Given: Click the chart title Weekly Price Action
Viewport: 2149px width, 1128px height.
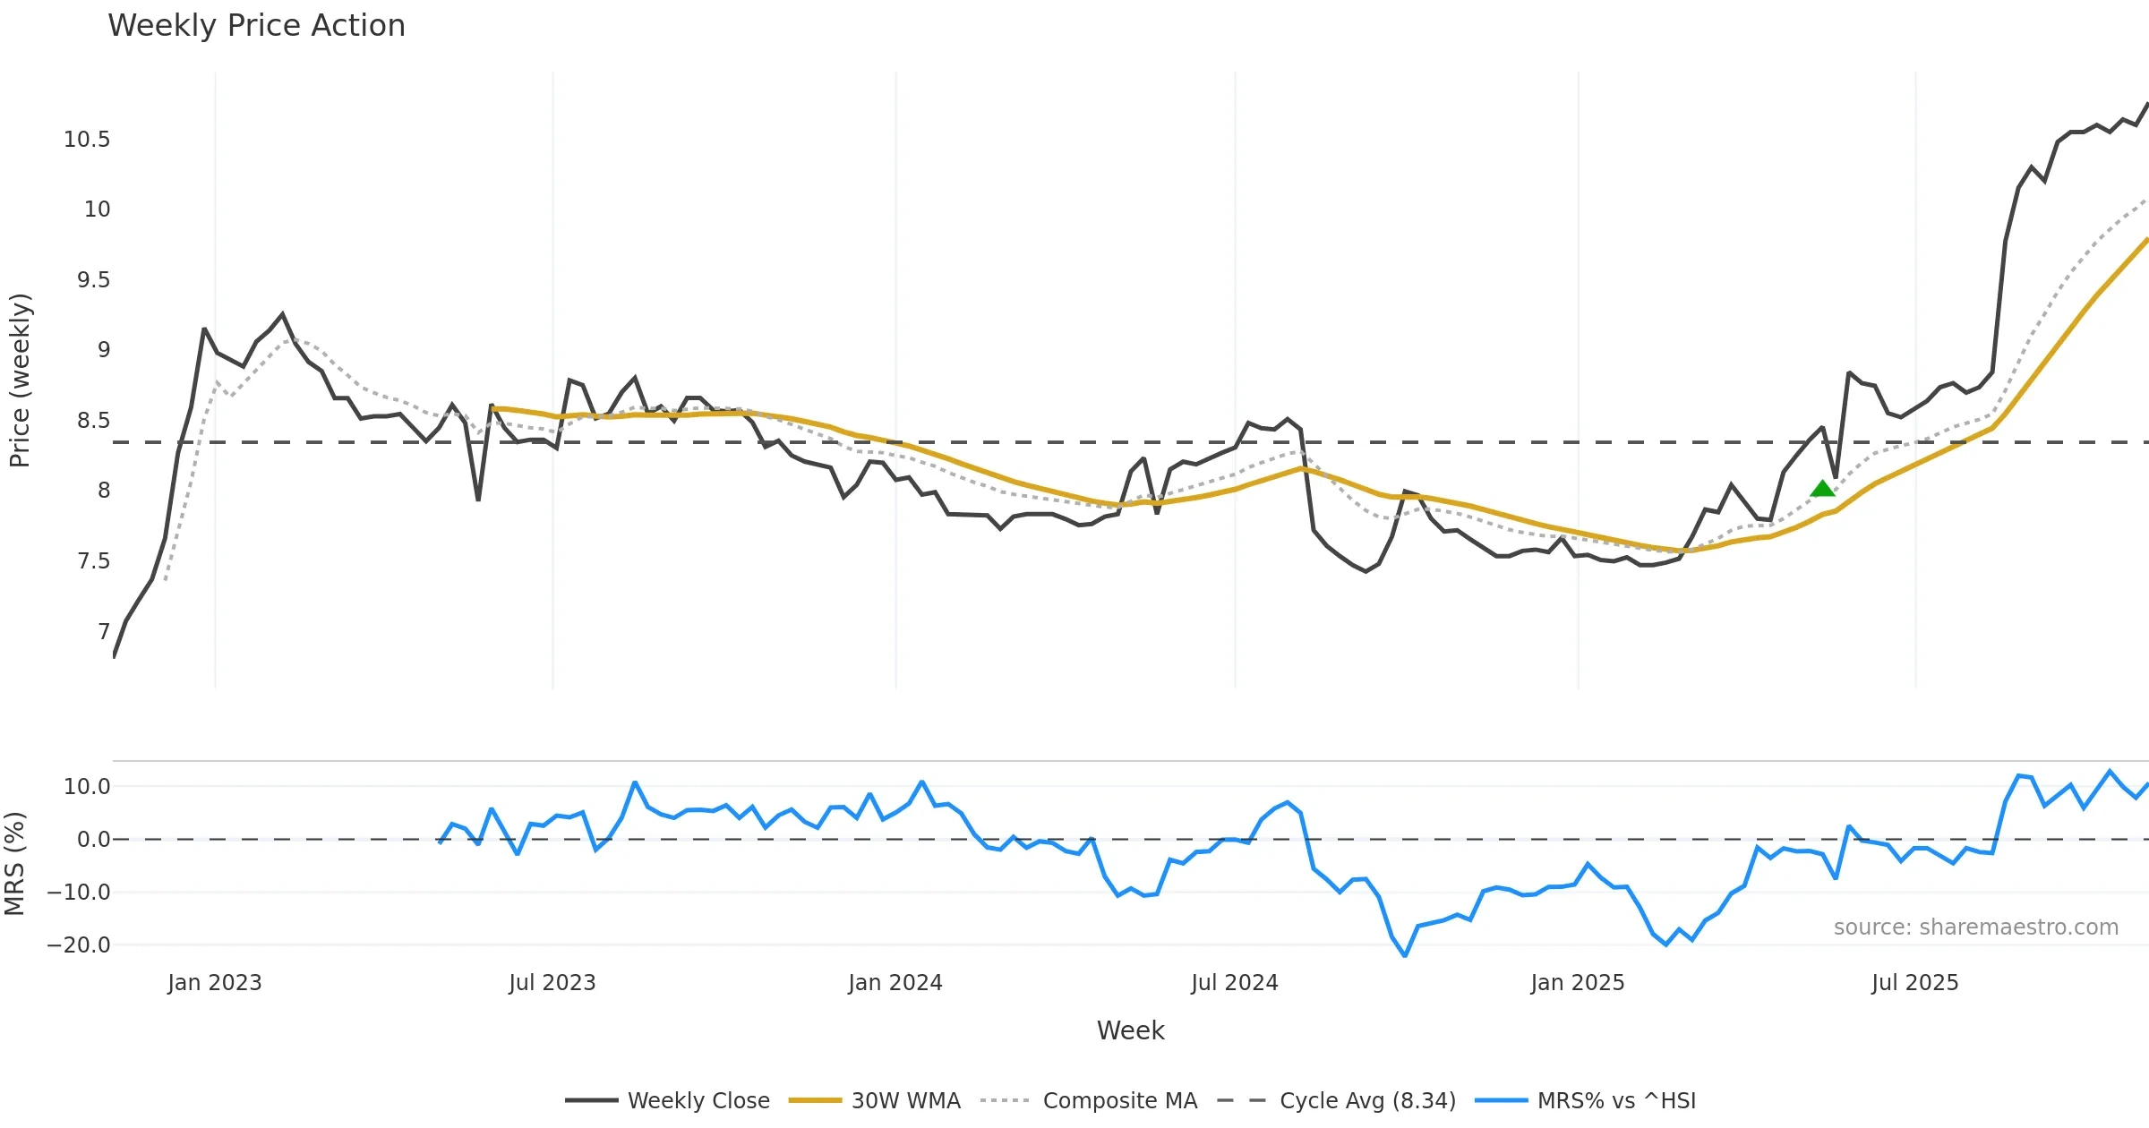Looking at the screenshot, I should coord(256,26).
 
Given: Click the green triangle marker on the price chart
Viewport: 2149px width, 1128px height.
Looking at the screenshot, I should coord(1822,489).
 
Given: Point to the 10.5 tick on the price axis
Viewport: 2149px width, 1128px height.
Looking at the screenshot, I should coord(87,140).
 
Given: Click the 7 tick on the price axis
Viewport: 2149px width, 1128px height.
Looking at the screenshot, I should coord(104,632).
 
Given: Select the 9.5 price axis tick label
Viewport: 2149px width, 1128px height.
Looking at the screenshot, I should coord(93,280).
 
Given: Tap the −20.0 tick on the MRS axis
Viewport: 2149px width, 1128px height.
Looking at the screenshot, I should coord(79,945).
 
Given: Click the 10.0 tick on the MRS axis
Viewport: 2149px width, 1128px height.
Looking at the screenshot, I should coord(87,787).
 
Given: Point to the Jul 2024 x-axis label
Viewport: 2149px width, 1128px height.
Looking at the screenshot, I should coord(1234,983).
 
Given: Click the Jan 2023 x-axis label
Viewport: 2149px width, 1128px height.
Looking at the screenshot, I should coord(214,983).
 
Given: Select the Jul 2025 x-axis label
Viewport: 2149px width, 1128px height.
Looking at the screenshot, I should coord(1914,983).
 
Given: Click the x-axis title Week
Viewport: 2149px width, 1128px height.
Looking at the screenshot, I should coord(1130,1031).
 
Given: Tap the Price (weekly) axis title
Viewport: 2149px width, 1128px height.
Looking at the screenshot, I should coord(20,380).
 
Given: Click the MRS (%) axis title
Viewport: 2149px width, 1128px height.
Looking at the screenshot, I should coord(14,864).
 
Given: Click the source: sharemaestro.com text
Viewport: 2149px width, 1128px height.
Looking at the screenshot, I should coord(1975,927).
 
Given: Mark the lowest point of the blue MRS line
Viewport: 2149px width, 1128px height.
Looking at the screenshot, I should coord(1405,955).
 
